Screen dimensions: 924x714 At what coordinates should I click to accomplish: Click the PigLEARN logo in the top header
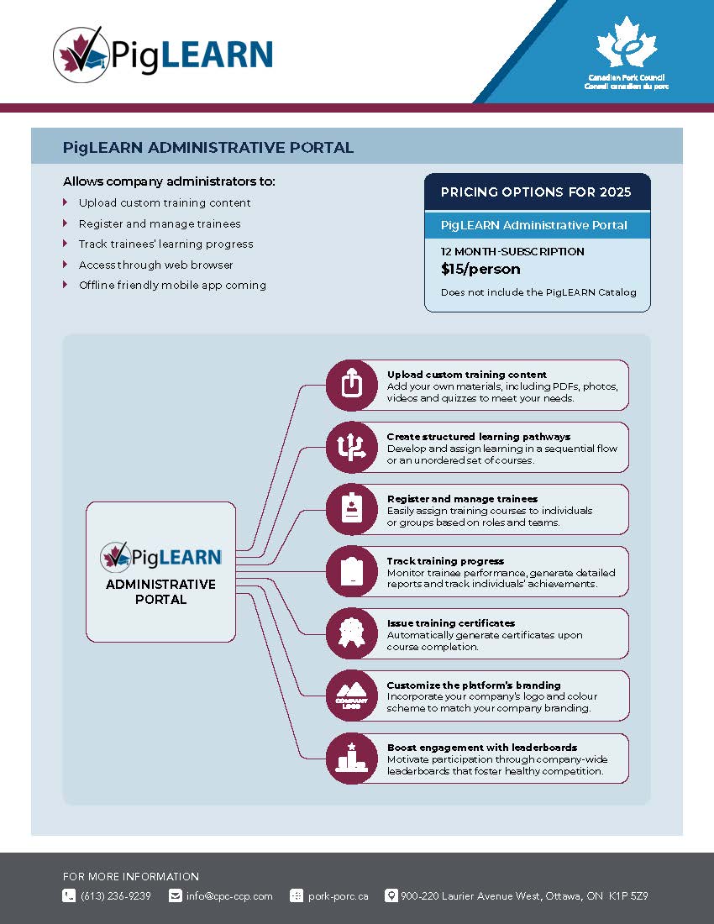point(163,54)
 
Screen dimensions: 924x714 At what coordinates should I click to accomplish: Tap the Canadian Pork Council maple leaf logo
point(626,46)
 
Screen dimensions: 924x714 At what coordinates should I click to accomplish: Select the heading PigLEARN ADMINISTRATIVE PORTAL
point(207,148)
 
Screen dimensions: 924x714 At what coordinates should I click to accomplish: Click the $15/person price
point(480,270)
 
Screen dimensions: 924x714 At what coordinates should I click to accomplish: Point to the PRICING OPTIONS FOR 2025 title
point(536,192)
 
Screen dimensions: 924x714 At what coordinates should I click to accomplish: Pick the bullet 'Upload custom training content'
point(165,203)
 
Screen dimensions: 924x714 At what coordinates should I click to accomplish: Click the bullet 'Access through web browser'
point(155,265)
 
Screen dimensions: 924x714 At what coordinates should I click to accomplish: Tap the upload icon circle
point(351,385)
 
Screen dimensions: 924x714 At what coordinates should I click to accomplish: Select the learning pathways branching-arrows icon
point(351,447)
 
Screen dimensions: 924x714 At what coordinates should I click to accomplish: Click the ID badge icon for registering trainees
point(351,509)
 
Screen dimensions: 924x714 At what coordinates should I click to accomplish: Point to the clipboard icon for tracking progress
point(351,571)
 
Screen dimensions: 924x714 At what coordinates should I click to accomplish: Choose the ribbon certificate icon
point(351,633)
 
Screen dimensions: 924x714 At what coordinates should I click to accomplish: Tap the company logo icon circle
point(351,696)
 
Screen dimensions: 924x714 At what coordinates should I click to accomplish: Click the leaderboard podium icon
point(351,759)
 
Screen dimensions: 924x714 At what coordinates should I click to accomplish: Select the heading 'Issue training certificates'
point(450,623)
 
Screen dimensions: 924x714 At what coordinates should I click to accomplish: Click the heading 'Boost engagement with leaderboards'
point(481,748)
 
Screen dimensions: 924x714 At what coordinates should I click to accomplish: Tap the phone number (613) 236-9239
point(116,896)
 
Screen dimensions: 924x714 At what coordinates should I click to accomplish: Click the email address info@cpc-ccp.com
point(229,896)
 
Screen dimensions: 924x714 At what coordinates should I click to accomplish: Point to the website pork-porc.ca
point(338,896)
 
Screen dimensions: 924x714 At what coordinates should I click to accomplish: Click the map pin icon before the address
point(391,895)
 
